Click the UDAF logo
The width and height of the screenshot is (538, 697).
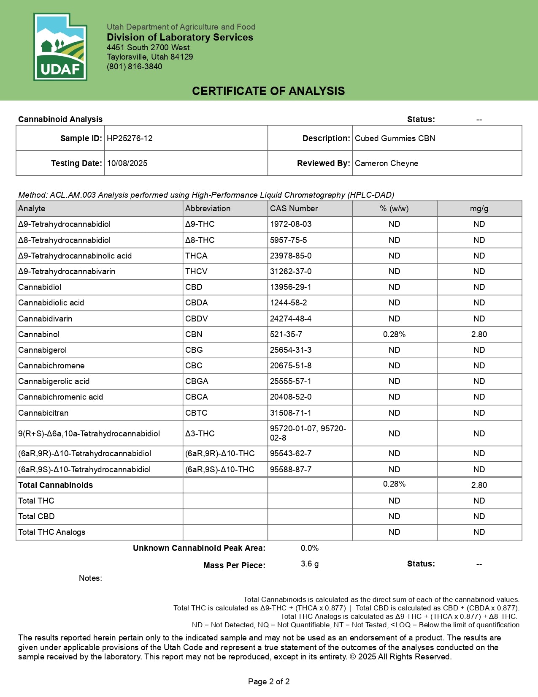click(x=60, y=47)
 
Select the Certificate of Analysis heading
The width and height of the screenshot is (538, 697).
click(x=268, y=91)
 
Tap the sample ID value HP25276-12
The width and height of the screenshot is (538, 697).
click(x=130, y=139)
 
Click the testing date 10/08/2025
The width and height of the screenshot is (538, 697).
click(x=127, y=163)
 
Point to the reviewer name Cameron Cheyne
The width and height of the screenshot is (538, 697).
click(x=387, y=163)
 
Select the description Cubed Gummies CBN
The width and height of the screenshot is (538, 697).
click(x=395, y=139)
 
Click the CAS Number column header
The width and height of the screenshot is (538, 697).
click(x=294, y=209)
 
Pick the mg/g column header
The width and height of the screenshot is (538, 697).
click(x=479, y=209)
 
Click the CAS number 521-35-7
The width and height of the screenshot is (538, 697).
click(x=286, y=335)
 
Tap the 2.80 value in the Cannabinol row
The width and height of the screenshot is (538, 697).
click(x=479, y=335)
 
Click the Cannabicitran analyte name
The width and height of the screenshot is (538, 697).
click(x=43, y=413)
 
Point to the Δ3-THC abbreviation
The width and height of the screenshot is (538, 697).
click(x=200, y=434)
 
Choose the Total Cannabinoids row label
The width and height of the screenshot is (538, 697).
click(x=55, y=485)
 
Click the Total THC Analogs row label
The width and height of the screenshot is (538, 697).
click(x=51, y=532)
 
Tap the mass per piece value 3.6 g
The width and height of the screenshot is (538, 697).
click(x=310, y=564)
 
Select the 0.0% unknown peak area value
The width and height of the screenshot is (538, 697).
click(x=310, y=548)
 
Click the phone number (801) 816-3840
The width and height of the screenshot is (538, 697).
click(x=134, y=67)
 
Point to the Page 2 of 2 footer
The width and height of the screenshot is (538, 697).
click(x=269, y=681)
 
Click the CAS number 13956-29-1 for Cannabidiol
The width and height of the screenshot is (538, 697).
click(x=291, y=287)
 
